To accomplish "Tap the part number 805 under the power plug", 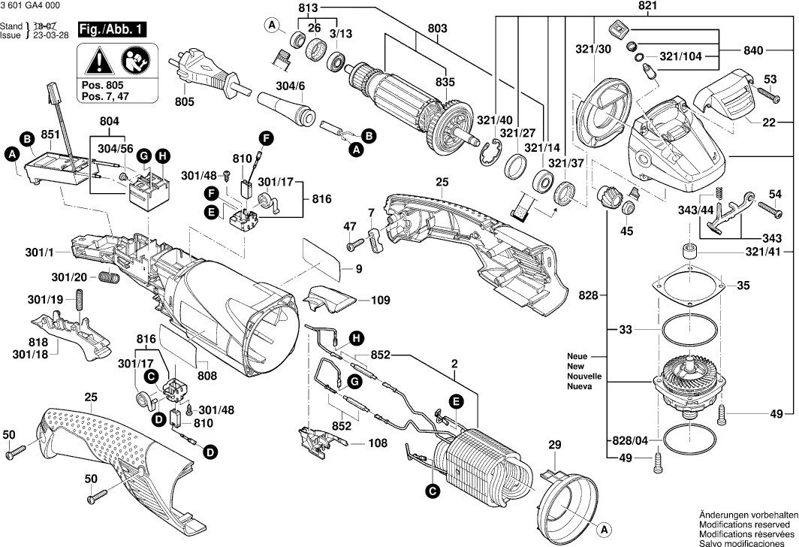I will tap(185, 101).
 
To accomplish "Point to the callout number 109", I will tap(380, 300).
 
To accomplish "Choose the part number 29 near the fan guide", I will tap(555, 446).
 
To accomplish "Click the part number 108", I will tap(378, 443).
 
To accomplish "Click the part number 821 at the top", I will tap(648, 7).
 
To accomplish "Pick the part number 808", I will tap(207, 376).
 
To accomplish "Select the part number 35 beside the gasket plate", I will tap(743, 286).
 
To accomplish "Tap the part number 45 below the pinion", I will tap(626, 231).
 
